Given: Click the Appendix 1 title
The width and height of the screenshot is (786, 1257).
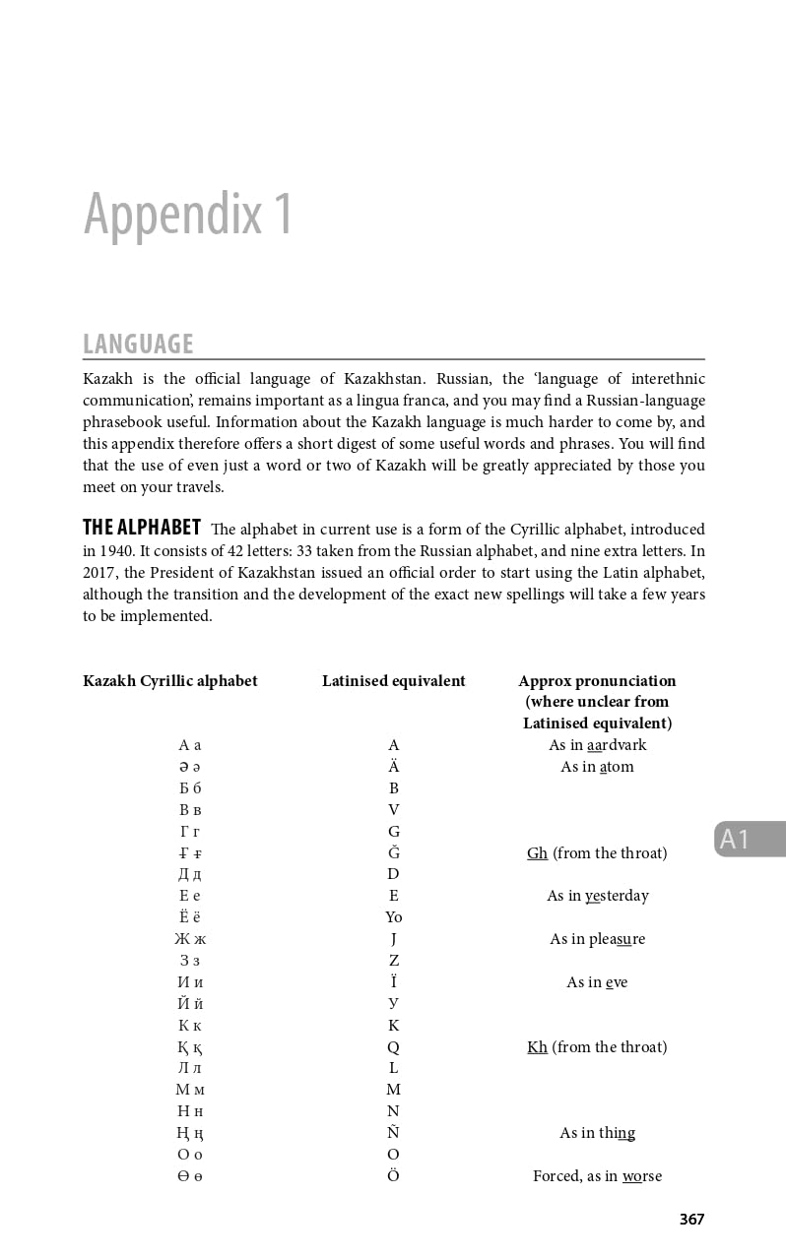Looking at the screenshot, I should coord(188,213).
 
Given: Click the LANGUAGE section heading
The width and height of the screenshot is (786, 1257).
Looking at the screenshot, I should coord(138,344).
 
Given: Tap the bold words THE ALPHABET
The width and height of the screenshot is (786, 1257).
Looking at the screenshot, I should coord(142,528).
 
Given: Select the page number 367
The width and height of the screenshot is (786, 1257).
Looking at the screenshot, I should coord(691,1219).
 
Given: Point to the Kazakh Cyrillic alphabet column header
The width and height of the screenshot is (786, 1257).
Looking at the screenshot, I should coord(170,680).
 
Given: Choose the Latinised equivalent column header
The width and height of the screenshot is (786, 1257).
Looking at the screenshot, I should coord(393,680).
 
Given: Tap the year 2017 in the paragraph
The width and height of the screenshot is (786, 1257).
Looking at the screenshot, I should coord(99,573).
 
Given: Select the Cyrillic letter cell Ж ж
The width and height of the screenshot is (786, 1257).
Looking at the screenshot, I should coord(190,939).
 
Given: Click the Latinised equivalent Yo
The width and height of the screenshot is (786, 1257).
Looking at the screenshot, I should coord(393,917).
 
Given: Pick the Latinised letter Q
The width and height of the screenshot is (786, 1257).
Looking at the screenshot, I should coord(393,1046).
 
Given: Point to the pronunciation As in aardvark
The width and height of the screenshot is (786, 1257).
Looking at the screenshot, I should coord(597,745).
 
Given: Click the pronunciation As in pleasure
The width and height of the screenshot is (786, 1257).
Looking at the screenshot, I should coord(597,939).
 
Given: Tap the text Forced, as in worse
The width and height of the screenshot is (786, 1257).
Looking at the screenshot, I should coord(597,1175).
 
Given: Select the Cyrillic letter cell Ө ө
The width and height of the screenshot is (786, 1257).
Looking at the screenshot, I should coord(190,1175).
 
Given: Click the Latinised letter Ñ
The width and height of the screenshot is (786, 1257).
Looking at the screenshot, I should coord(393,1132).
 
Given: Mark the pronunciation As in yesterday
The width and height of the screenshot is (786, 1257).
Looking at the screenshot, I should coord(597,896).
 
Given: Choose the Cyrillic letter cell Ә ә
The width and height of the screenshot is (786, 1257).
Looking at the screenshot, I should coord(190,767).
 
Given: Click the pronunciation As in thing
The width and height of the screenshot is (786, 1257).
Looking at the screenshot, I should coord(597,1132).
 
